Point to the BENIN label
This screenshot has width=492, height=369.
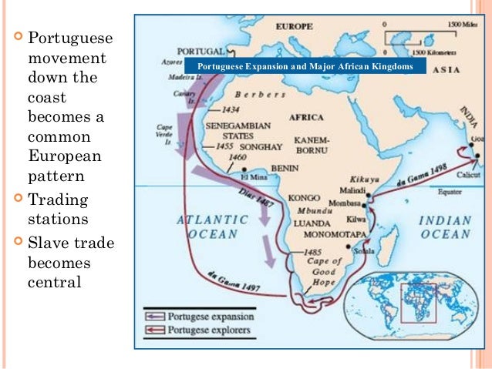tap(285, 166)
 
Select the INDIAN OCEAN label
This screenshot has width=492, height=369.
tap(444, 227)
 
